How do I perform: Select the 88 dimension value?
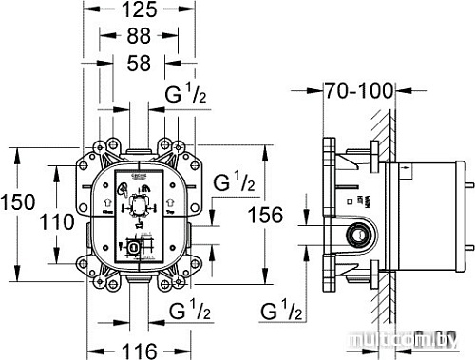pyautogui.click(x=140, y=38)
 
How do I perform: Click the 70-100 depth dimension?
pyautogui.click(x=357, y=93)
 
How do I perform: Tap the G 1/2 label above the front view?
pyautogui.click(x=189, y=95)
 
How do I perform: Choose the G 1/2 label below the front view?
pyautogui.click(x=189, y=311)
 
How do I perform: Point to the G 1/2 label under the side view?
pyautogui.click(x=281, y=311)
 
